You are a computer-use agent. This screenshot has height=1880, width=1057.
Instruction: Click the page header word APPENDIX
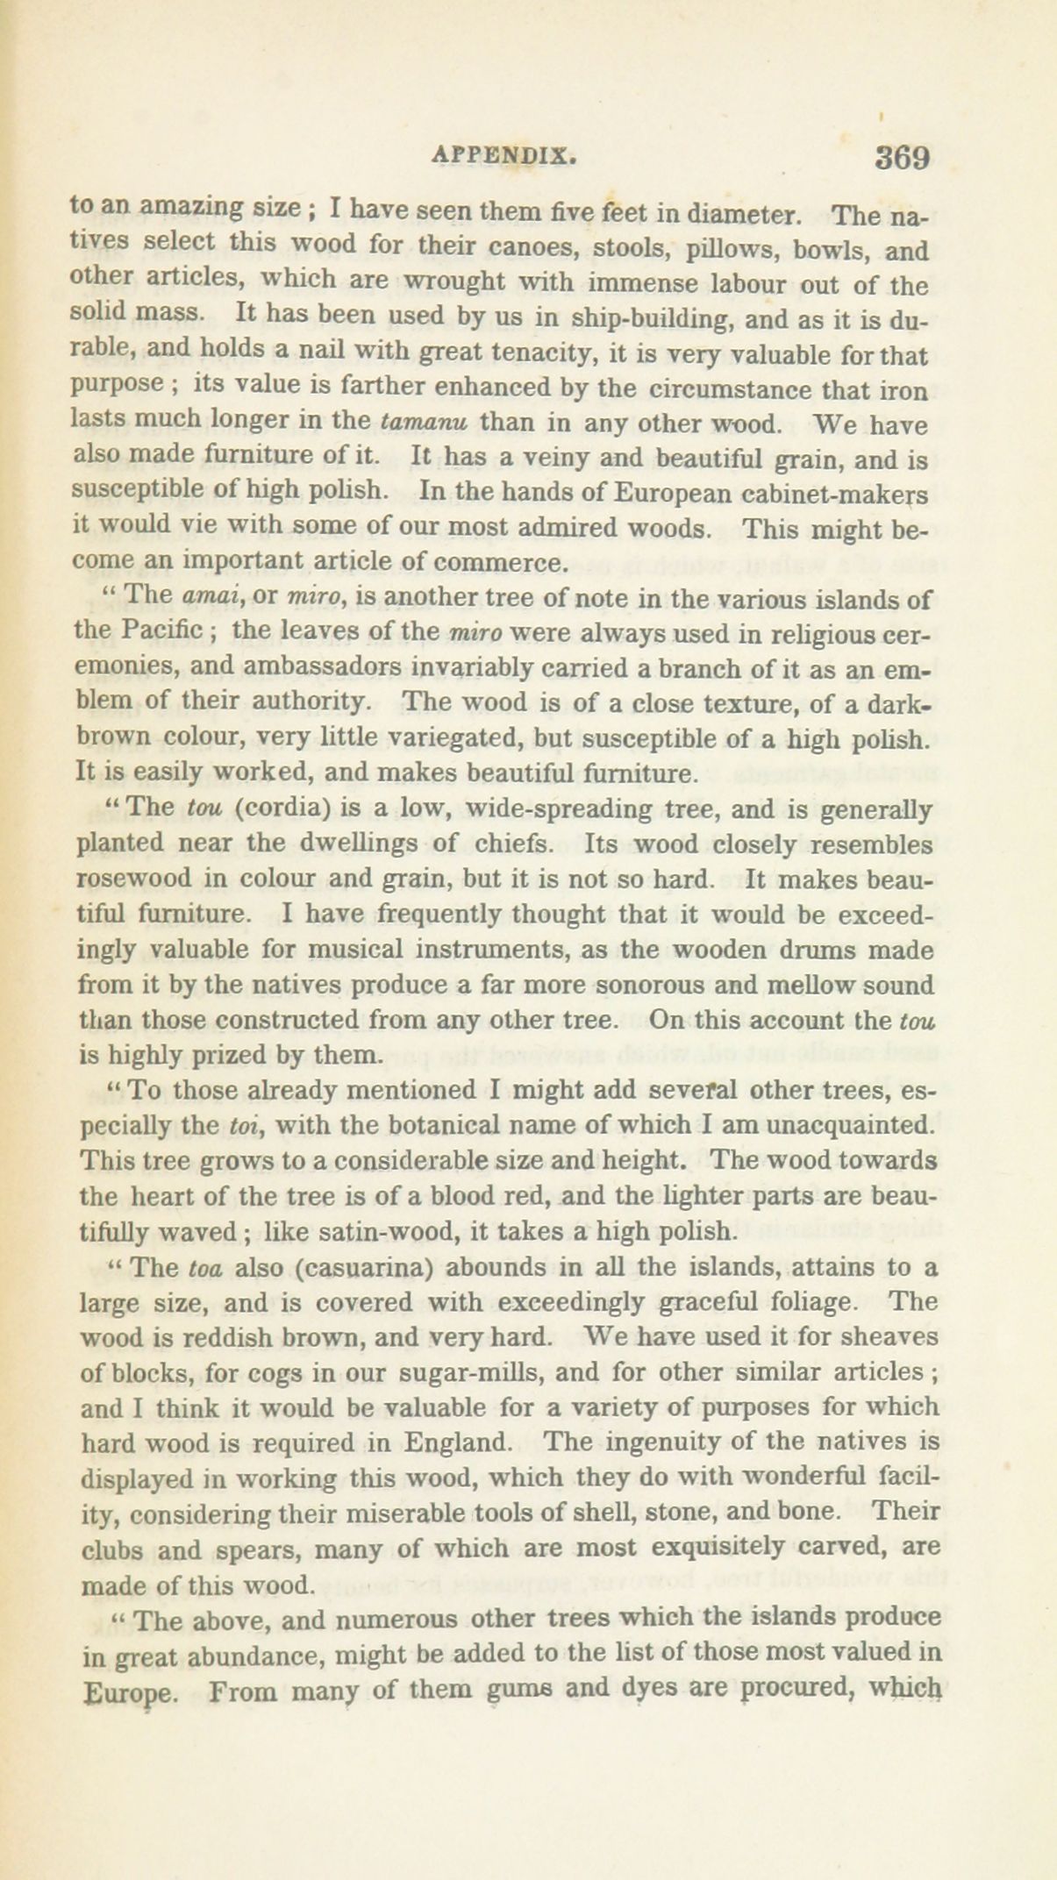(504, 155)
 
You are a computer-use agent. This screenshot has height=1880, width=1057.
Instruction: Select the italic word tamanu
(425, 422)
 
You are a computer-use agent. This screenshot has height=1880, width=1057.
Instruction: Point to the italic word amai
(205, 595)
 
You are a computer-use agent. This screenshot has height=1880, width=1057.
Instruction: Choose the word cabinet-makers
(828, 493)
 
